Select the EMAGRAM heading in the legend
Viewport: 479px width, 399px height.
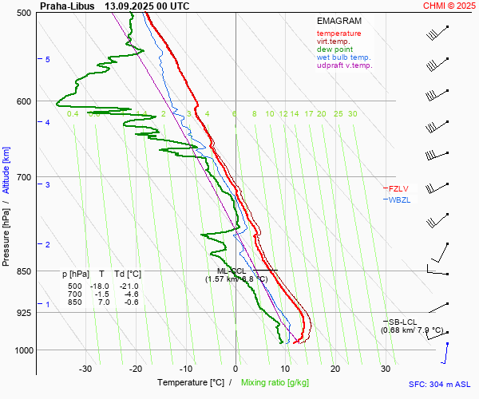pos(338,21)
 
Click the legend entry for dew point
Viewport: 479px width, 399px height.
pos(335,49)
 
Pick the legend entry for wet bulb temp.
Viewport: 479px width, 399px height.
pos(343,57)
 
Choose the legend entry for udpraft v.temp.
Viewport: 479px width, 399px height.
pos(344,65)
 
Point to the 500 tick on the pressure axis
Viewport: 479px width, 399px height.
pos(24,14)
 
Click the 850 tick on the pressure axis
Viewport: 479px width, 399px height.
pos(24,271)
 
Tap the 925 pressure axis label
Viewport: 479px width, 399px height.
pos(24,313)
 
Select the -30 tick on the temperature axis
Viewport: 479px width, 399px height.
pos(85,369)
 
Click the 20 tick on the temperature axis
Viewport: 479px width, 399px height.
pos(335,369)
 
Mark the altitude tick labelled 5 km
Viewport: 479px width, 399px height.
pos(48,60)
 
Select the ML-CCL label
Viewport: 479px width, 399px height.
pos(232,271)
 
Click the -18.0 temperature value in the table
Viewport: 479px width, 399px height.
pos(99,286)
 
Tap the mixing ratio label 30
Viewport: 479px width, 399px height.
pos(352,114)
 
